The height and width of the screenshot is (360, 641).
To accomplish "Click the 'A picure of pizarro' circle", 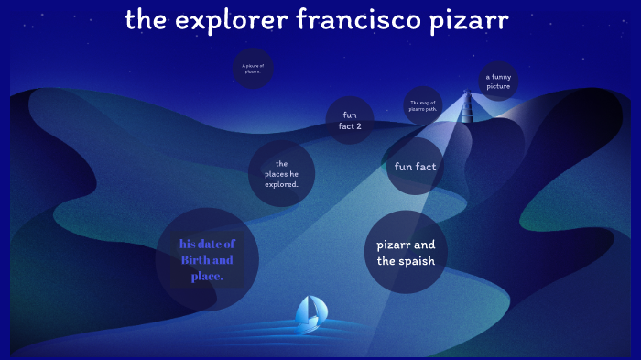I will pos(253,69).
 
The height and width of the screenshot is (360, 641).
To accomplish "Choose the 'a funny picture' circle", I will pos(498,82).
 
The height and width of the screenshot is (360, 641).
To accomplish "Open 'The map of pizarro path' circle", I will pos(424,105).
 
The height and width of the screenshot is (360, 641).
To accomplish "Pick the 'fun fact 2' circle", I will pos(350,120).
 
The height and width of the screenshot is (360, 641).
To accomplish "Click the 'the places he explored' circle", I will pos(281,174).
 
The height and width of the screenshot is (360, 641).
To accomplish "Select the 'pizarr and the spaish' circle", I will pos(406,252).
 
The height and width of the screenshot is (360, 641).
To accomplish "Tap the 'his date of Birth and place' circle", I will pos(207,260).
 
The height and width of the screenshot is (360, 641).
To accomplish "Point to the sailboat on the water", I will pos(309,313).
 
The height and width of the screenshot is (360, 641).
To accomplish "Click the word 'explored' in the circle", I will pos(281,184).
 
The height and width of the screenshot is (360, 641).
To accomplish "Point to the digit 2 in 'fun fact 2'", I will pos(358,125).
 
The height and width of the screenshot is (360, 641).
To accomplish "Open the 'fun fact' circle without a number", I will pos(415,167).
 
